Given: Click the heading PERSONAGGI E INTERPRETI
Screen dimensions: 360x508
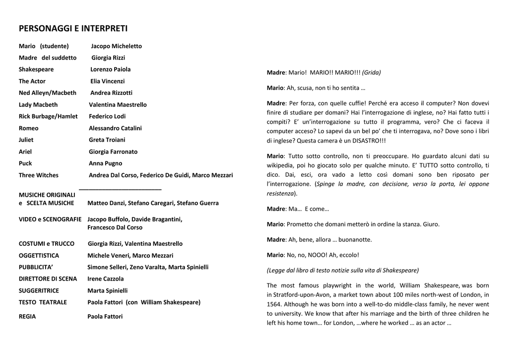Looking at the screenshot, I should (x=73, y=28).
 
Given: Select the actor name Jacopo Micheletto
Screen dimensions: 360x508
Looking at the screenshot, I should (x=116, y=46).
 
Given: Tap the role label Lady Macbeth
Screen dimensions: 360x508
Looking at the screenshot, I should (x=38, y=105).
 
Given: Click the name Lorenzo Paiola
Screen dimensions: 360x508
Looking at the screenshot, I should (x=110, y=70).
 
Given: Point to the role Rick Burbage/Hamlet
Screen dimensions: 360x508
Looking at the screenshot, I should (x=48, y=116).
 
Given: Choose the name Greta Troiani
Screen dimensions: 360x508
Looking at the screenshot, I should (x=107, y=140).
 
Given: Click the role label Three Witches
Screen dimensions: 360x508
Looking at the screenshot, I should (x=39, y=175).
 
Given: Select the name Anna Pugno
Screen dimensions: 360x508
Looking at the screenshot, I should (x=105, y=163).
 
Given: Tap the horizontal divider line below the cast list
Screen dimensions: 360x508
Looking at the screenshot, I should (x=120, y=189).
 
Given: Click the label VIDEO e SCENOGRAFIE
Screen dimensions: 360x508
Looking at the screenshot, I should (x=50, y=219).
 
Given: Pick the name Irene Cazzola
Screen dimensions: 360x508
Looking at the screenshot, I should (x=106, y=279).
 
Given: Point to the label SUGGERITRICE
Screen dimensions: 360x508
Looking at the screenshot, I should (x=39, y=290).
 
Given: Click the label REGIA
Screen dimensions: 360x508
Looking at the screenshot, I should (x=27, y=316).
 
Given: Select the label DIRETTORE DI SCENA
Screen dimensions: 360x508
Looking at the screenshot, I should (x=48, y=279).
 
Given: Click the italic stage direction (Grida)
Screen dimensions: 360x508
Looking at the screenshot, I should (x=372, y=72).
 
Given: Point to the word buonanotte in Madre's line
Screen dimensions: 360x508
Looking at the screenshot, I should (x=355, y=240).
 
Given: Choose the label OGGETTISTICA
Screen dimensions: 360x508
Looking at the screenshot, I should (x=39, y=256).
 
